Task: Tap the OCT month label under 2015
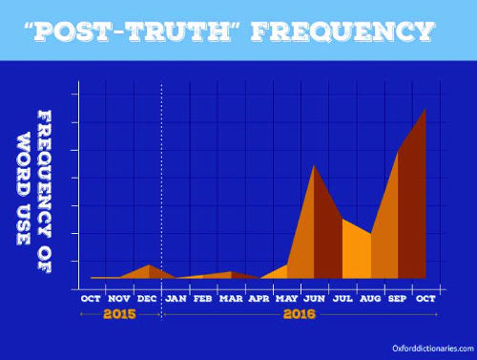(x=92, y=298)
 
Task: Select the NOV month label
(x=119, y=298)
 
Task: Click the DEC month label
(x=147, y=298)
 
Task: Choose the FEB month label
(x=203, y=298)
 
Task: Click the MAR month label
(x=231, y=298)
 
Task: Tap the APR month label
(x=259, y=298)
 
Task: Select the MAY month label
(x=287, y=298)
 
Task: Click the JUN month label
(x=315, y=298)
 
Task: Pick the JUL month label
(x=342, y=298)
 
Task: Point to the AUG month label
(x=370, y=298)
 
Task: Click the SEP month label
(x=399, y=298)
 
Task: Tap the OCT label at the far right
(x=426, y=298)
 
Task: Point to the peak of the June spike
(x=315, y=164)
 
